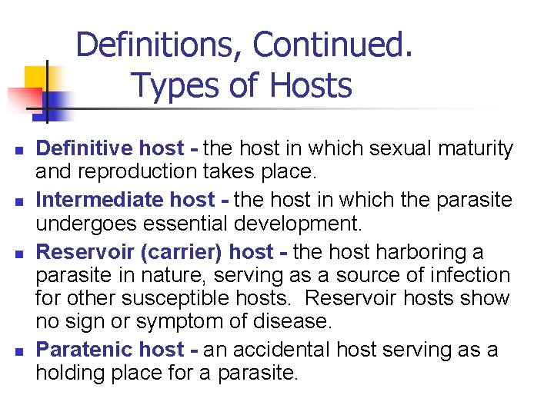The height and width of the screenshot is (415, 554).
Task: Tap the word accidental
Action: [x=282, y=350]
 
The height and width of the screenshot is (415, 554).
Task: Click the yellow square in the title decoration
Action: [x=35, y=77]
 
